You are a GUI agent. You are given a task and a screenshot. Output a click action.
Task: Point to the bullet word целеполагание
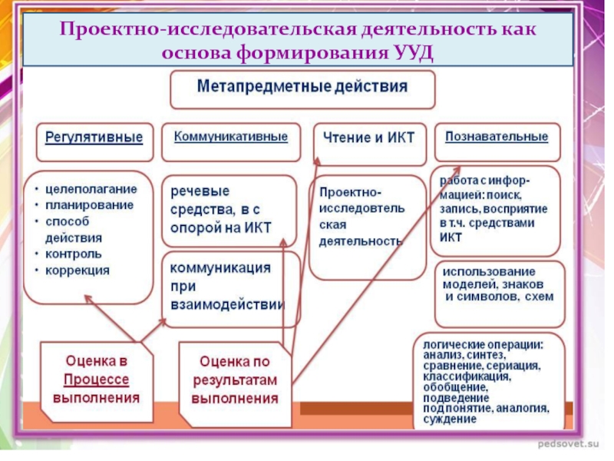point(91,189)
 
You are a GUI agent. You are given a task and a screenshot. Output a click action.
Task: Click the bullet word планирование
point(89,205)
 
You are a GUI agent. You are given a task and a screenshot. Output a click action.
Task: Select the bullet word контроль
point(74,254)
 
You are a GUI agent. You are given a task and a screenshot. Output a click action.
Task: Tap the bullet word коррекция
point(78,270)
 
